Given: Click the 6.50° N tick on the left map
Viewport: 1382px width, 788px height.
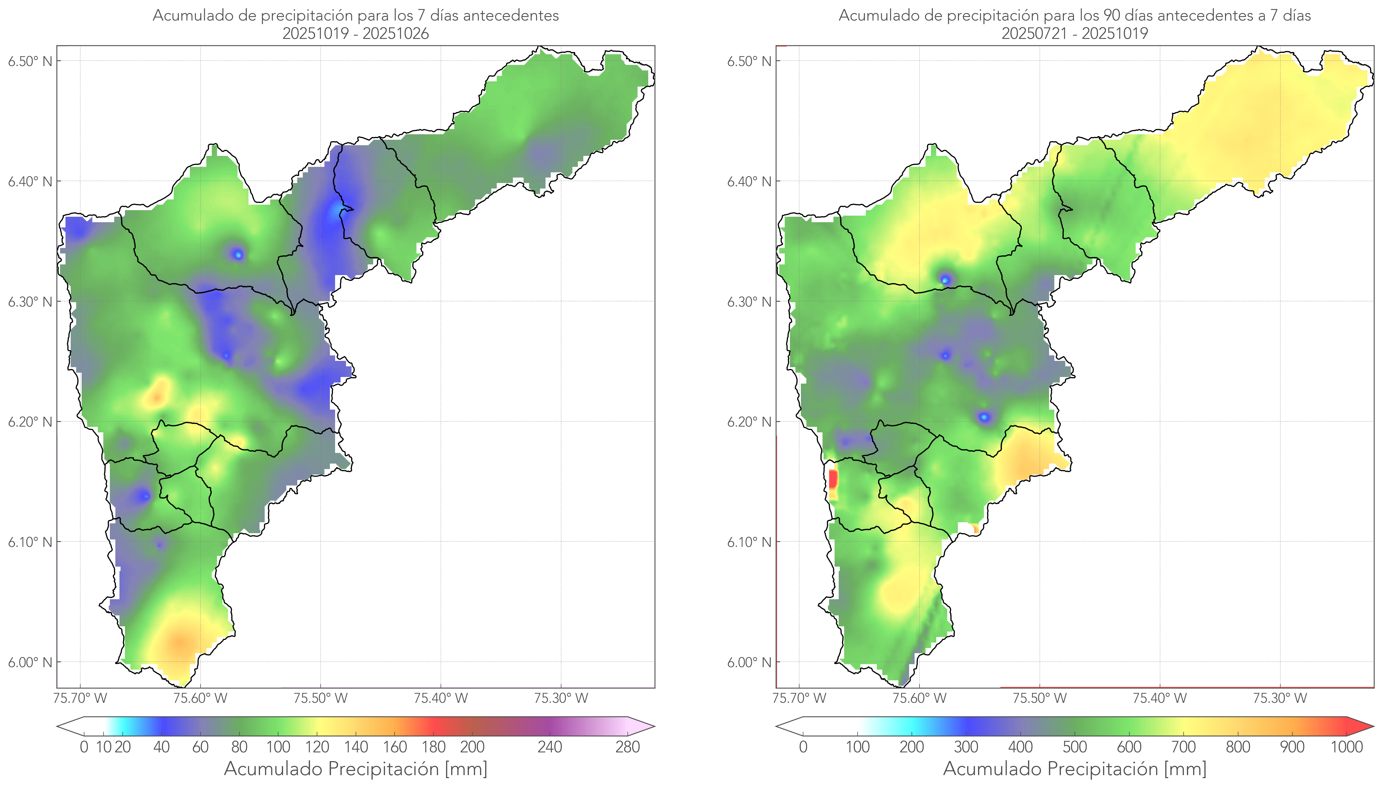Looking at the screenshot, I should click(x=30, y=61).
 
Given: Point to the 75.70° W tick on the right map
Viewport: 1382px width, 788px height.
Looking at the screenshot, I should click(x=799, y=698).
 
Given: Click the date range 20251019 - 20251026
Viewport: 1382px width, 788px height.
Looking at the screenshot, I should click(x=356, y=33).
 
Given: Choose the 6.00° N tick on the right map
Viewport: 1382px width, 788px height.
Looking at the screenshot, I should click(x=749, y=663).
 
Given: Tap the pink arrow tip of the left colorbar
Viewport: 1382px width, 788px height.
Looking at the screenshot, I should click(x=648, y=726).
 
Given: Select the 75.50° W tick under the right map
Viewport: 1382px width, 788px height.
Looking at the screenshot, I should click(x=1040, y=698).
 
